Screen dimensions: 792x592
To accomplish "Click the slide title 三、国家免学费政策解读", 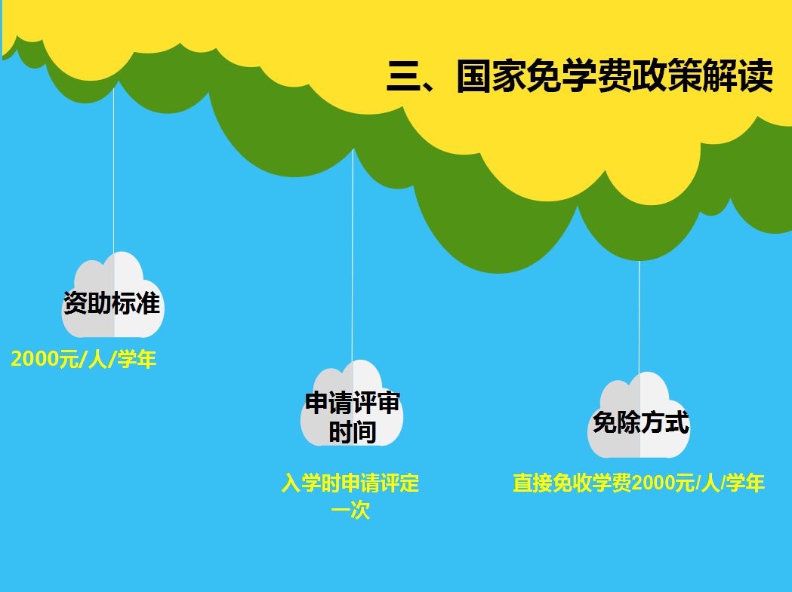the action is (580, 75).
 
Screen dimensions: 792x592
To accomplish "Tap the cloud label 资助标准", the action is (112, 303).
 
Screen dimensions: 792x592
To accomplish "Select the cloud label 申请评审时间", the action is (352, 417).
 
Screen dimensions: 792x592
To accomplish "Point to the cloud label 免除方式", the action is (640, 422).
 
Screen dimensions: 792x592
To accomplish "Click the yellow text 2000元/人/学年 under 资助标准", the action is (83, 359).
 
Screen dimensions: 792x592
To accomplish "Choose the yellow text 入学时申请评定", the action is (350, 483).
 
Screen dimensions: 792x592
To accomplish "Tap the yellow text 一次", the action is (350, 511).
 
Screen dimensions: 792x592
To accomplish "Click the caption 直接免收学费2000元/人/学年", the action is (639, 483).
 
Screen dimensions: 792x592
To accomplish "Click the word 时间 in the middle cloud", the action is (353, 432).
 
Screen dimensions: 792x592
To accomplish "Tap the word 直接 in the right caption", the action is (532, 483).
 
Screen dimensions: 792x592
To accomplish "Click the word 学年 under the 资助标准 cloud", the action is (137, 359).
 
